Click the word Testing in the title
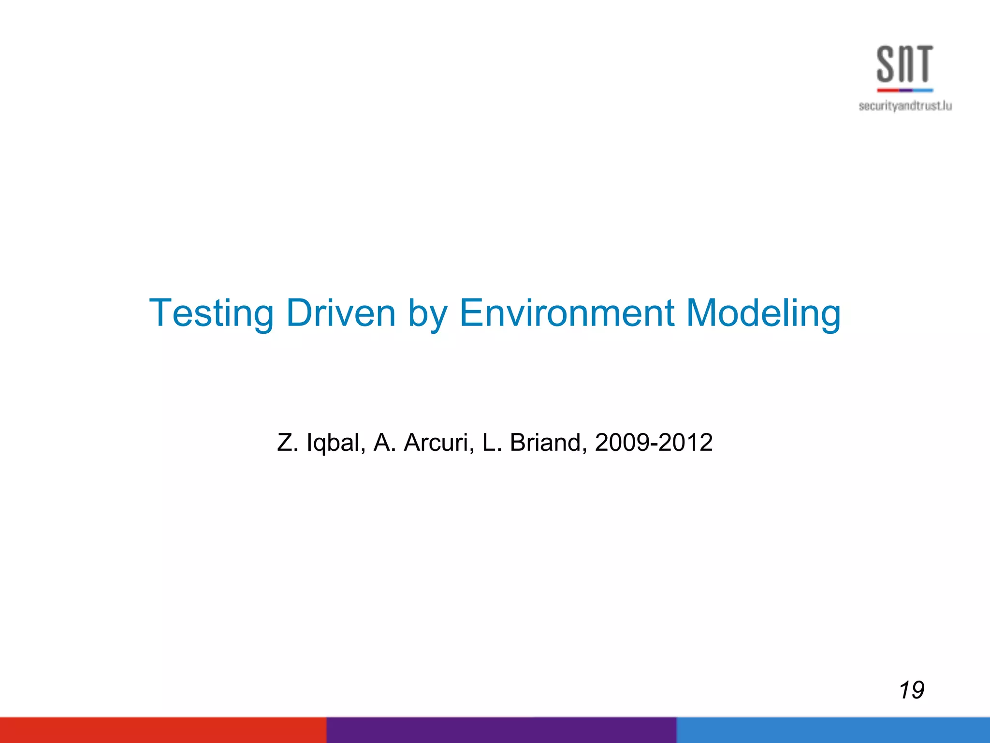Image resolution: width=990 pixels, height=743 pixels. coord(212,313)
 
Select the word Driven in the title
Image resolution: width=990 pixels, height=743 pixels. coord(341,313)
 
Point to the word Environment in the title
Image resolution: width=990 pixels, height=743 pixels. coord(567,313)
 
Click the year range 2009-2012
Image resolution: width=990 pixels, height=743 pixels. coord(654,443)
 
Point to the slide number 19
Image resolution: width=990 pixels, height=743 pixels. coord(912,690)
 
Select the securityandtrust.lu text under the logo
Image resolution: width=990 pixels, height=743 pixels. coord(905,106)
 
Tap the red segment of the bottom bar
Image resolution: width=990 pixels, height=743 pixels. coord(163,730)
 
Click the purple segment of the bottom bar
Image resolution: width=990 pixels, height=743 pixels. coord(501,730)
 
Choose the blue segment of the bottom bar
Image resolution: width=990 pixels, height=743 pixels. coord(833,730)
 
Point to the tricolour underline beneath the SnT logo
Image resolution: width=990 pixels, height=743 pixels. coord(905,90)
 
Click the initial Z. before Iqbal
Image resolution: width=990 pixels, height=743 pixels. coord(287,443)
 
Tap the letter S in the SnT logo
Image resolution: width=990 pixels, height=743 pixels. coord(887,64)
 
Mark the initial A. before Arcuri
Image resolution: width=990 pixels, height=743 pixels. coord(385,443)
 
